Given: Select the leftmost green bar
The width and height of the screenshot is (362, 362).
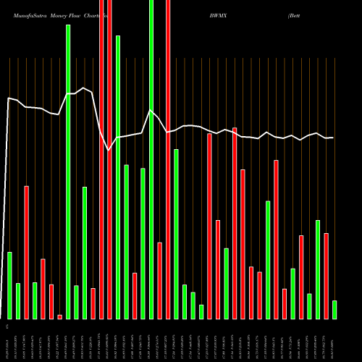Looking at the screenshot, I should (9, 285).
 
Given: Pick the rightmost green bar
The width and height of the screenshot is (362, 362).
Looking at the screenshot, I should (334, 309).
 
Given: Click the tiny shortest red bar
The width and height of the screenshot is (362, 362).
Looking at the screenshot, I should (59, 316).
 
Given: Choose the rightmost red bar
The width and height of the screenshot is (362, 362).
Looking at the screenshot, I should (326, 276).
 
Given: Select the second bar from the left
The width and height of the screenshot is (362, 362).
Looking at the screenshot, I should (18, 300).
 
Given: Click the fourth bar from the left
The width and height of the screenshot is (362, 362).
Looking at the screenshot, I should (35, 300).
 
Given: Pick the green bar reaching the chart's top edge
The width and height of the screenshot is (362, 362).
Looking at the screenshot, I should (151, 159).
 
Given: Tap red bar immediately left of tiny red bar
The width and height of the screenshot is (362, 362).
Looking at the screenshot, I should (51, 301).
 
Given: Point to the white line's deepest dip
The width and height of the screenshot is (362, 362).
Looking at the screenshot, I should (109, 150).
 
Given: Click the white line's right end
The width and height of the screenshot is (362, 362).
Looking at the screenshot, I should (333, 138).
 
